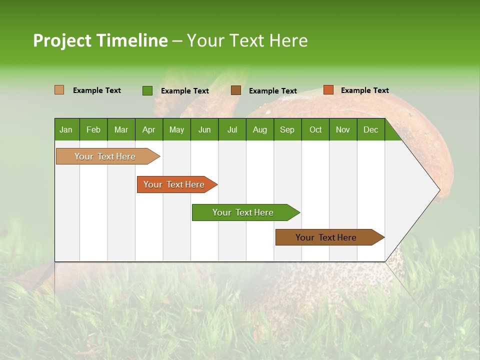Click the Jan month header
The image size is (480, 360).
(66, 129)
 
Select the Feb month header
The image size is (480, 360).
(93, 129)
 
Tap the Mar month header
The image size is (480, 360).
(121, 129)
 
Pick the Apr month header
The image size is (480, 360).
(148, 129)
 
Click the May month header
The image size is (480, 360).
(176, 129)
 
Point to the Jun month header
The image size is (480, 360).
(204, 129)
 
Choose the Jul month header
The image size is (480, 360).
(232, 129)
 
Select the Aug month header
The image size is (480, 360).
(259, 129)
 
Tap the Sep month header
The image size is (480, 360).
(287, 129)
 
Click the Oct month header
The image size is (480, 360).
(315, 129)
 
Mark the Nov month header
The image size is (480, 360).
(343, 129)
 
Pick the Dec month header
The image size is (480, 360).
(370, 129)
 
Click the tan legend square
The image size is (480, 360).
(59, 90)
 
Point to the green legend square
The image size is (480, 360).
(147, 90)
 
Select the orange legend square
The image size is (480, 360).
(328, 90)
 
